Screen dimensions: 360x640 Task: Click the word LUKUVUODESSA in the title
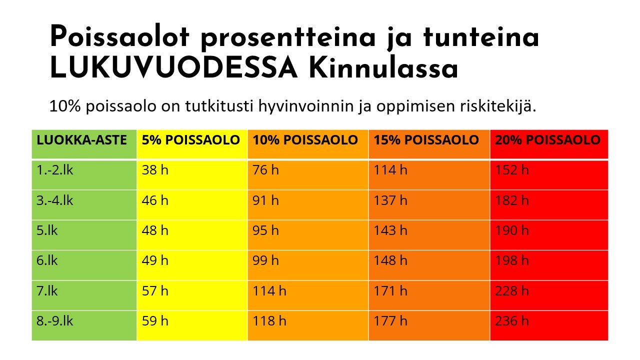click(174, 69)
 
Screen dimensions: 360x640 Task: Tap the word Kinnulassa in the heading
click(383, 69)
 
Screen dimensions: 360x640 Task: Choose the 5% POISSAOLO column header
click(191, 140)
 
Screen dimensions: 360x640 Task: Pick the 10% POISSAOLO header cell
click(305, 140)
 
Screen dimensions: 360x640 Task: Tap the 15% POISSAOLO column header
click(426, 140)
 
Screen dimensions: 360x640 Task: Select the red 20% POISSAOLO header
click(547, 140)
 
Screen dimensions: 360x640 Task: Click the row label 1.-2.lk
click(55, 170)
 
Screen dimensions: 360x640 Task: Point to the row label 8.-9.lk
click(55, 320)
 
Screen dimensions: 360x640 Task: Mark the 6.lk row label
click(47, 260)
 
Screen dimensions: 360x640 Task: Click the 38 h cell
click(155, 170)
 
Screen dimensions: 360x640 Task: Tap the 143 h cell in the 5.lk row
click(390, 230)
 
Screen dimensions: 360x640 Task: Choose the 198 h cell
click(511, 260)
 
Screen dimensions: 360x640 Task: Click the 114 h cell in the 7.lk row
click(269, 290)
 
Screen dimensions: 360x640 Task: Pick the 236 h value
click(511, 320)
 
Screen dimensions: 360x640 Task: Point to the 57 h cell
click(155, 290)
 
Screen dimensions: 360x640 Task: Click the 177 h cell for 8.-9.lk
click(390, 320)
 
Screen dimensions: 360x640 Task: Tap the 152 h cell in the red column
click(511, 170)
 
